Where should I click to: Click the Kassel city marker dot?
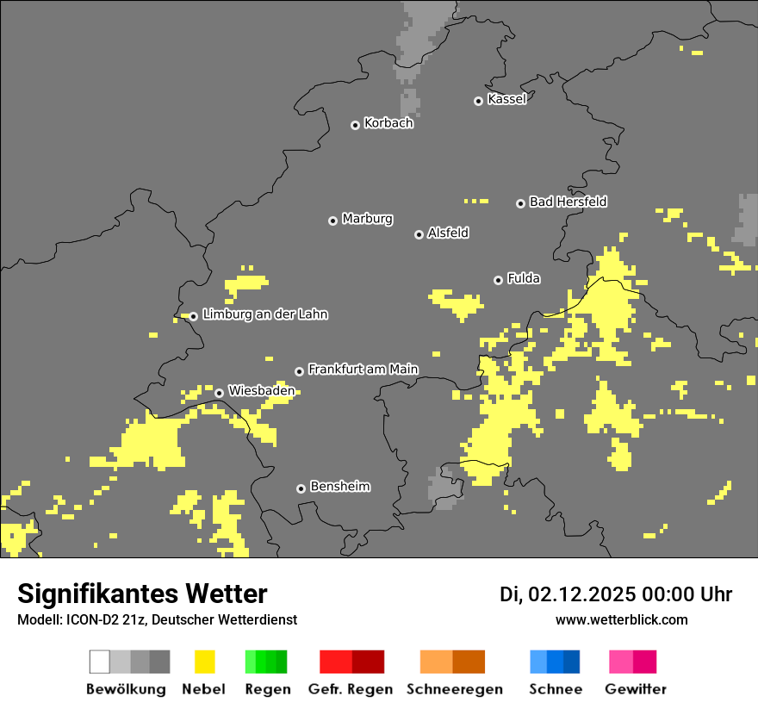pos(479,101)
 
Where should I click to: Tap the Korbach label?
pos(388,123)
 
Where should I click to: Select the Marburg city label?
pos(367,219)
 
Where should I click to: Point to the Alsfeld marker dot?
pos(419,234)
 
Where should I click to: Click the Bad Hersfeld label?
pos(568,202)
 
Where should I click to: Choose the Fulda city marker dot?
pos(498,280)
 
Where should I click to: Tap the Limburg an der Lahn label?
pos(264,314)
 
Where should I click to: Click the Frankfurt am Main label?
pos(363,369)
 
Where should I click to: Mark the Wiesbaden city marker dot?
pos(219,393)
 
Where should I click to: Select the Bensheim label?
pos(339,487)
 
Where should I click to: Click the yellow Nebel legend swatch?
pos(204,662)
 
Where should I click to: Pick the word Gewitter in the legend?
pos(636,689)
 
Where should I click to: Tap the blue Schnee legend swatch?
pos(554,662)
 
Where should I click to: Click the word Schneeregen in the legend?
pos(455,689)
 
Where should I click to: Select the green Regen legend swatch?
pos(265,662)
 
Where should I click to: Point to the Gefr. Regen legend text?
pos(350,689)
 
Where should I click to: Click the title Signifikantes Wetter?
pos(142,594)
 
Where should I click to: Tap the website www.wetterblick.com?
pos(621,619)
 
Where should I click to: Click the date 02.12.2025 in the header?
pos(581,594)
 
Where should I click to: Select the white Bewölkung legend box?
pos(100,662)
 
